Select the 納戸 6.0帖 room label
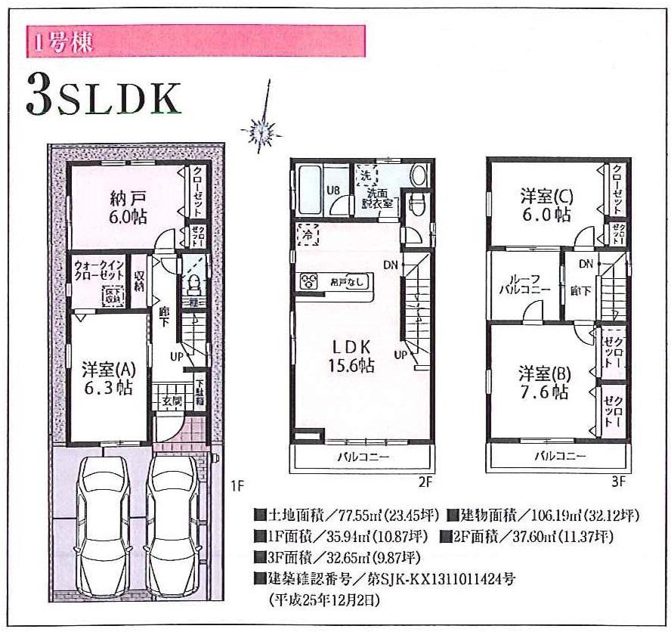click(x=126, y=206)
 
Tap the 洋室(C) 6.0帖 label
click(x=546, y=205)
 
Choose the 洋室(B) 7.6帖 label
click(x=544, y=383)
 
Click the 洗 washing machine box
click(x=366, y=173)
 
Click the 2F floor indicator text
click(x=425, y=482)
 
